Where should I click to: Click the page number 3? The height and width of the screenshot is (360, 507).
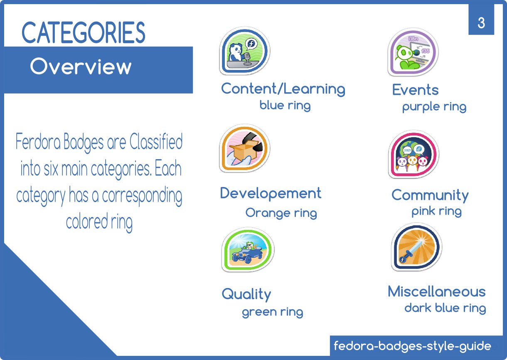(x=481, y=23)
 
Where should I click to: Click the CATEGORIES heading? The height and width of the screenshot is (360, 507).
(x=83, y=32)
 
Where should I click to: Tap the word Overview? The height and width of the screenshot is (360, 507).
(x=81, y=66)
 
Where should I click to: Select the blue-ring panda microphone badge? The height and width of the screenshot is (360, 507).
(x=244, y=51)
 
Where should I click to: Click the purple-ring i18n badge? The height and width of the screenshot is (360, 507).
(x=413, y=52)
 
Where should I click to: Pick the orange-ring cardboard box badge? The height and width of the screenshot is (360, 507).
(x=244, y=148)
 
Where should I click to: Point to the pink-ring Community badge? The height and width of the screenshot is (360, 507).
(x=413, y=154)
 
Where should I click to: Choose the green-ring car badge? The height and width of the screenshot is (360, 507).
(x=248, y=249)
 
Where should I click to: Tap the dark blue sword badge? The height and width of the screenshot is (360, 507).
(x=416, y=247)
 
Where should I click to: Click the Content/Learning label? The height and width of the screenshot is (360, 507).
(x=283, y=89)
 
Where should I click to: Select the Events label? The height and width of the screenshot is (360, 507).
(x=415, y=90)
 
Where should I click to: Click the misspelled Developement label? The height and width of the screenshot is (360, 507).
(x=271, y=193)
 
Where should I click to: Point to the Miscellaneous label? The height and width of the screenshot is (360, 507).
(x=437, y=291)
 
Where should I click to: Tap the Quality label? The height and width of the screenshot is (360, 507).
(x=246, y=294)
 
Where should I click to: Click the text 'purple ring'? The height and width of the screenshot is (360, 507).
(x=434, y=107)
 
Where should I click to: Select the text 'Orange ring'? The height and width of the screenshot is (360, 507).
(x=281, y=213)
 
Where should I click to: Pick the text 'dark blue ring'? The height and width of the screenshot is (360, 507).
(x=445, y=308)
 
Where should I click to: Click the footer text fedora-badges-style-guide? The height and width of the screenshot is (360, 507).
(x=412, y=346)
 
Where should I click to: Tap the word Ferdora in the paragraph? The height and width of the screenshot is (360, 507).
(x=38, y=141)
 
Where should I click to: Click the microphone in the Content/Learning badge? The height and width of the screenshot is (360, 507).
(x=247, y=59)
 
